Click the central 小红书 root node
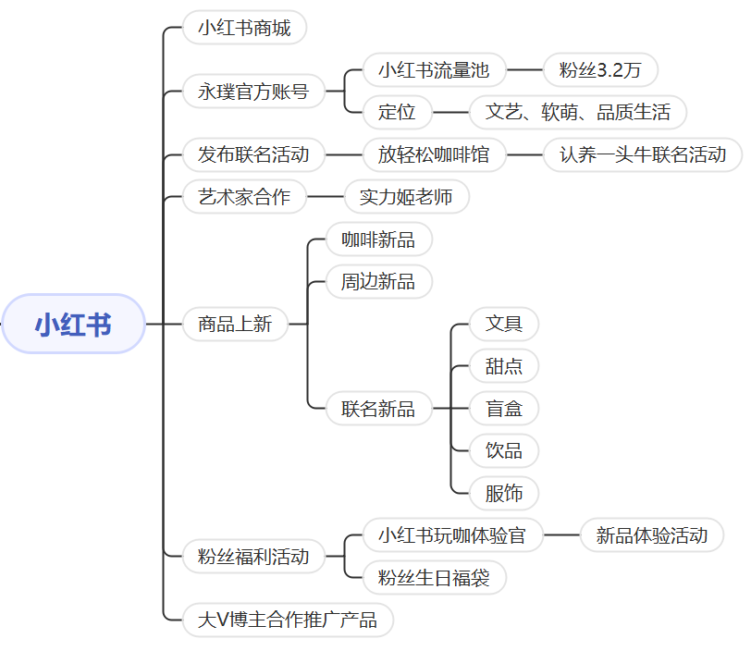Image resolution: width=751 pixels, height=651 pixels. [x=74, y=325]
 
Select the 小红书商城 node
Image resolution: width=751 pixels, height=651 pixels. [x=244, y=28]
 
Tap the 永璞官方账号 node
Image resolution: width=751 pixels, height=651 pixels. [x=253, y=92]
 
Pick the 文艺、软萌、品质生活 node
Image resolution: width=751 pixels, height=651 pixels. [x=578, y=113]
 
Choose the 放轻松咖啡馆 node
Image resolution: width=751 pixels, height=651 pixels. [x=434, y=154]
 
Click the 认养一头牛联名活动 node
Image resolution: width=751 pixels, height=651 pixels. [x=643, y=154]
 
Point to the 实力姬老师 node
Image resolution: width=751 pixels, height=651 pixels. [x=406, y=197]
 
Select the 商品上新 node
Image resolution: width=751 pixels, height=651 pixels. [x=235, y=325]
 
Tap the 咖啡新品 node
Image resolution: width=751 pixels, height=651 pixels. [x=378, y=240]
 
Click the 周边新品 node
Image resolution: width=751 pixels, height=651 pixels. [x=378, y=282]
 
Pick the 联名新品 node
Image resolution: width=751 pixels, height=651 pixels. [x=378, y=409]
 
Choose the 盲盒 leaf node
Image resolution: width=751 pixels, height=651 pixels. [x=504, y=409]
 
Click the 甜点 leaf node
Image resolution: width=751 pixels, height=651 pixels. [x=504, y=366]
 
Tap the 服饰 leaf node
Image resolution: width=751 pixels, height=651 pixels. [x=504, y=493]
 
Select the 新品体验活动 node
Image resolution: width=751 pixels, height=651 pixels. [x=652, y=534]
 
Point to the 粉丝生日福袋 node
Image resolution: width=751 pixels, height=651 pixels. [x=434, y=579]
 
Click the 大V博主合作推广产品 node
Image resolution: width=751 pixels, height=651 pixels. [x=288, y=620]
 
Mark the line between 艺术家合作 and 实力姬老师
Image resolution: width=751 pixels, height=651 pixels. [x=325, y=197]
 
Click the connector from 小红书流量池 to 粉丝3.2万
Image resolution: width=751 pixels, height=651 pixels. [x=525, y=69]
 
